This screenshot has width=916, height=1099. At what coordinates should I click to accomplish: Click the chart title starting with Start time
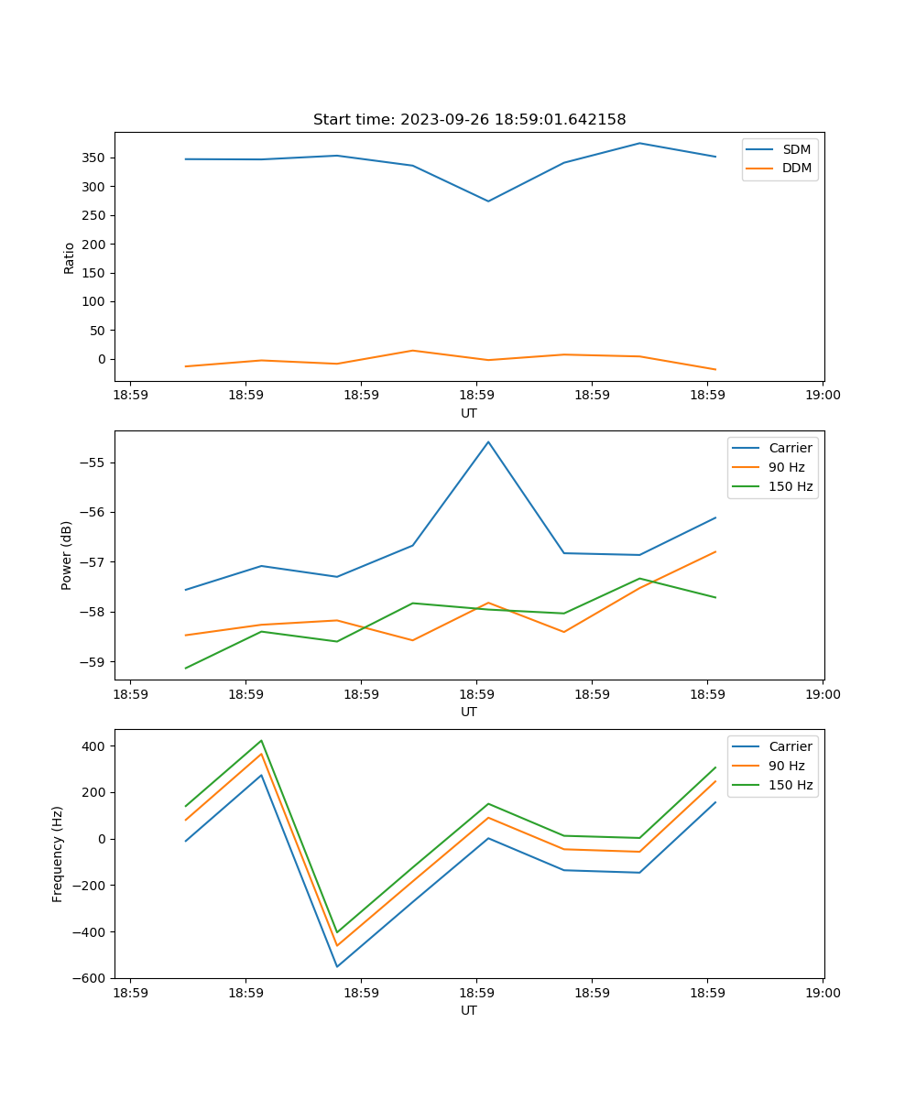[x=469, y=120]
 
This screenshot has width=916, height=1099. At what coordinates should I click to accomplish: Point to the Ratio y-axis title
[x=70, y=257]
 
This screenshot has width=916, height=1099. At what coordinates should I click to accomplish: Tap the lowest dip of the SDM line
[x=488, y=201]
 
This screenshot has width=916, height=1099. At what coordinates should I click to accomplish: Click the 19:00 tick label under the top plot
[x=823, y=396]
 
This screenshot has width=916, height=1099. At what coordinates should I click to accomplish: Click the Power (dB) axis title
[x=67, y=555]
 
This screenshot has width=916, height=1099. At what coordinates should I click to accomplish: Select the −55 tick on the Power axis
[x=93, y=462]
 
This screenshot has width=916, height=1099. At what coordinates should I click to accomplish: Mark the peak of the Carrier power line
[x=488, y=441]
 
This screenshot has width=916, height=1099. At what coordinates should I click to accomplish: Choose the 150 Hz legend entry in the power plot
[x=790, y=487]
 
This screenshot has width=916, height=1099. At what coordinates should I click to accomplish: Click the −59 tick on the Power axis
[x=93, y=662]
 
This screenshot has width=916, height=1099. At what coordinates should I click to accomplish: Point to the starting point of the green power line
[x=186, y=668]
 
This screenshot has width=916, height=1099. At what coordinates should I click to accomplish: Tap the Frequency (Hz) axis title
[x=58, y=854]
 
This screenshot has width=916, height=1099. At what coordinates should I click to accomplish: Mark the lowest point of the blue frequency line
[x=337, y=966]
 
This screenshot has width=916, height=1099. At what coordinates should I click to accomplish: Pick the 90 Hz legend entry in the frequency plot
[x=786, y=767]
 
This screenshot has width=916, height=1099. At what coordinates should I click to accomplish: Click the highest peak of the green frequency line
[x=261, y=740]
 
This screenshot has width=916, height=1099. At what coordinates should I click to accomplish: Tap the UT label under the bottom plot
[x=469, y=1010]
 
